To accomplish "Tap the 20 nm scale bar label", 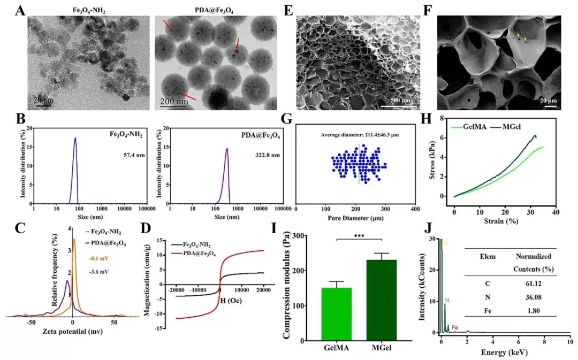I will pos(43,99).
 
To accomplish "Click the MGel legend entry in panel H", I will pos(500,126).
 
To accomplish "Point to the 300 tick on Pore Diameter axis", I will pos(385,210).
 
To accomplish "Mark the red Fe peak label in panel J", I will pos(455,327).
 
